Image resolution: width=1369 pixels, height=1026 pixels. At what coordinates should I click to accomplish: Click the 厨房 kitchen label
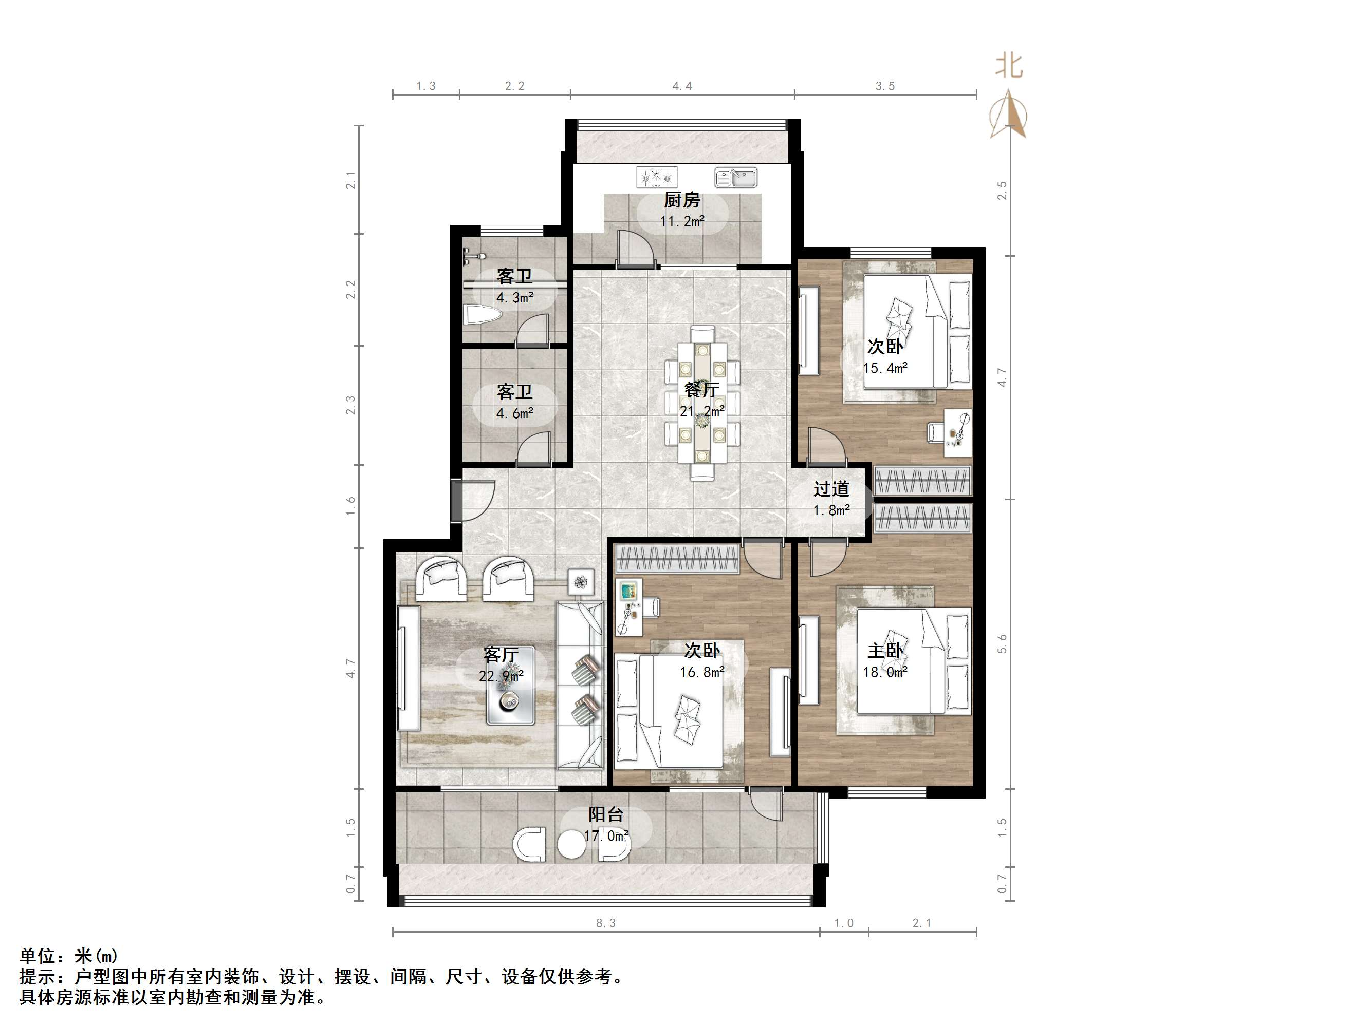click(x=682, y=200)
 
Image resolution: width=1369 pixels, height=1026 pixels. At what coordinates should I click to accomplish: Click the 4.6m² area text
click(x=514, y=413)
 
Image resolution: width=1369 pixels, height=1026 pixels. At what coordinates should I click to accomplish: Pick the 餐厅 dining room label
click(x=701, y=390)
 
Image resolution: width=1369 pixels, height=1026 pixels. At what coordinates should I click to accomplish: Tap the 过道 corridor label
click(x=830, y=489)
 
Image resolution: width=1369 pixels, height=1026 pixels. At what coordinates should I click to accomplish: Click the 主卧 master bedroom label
click(x=885, y=651)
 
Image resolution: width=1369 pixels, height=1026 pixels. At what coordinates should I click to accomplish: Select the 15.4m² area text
click(x=885, y=368)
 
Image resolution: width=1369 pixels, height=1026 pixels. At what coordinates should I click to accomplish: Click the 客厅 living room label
click(x=501, y=654)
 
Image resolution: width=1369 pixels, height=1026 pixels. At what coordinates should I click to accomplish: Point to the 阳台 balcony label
click(x=605, y=814)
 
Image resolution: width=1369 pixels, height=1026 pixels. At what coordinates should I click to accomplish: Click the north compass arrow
click(x=1008, y=115)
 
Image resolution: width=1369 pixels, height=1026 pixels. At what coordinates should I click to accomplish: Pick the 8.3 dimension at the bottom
click(x=605, y=923)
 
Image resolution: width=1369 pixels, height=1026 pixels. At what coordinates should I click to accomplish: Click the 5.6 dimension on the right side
click(x=1002, y=644)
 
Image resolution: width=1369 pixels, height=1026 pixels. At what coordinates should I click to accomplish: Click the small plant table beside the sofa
click(x=581, y=582)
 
